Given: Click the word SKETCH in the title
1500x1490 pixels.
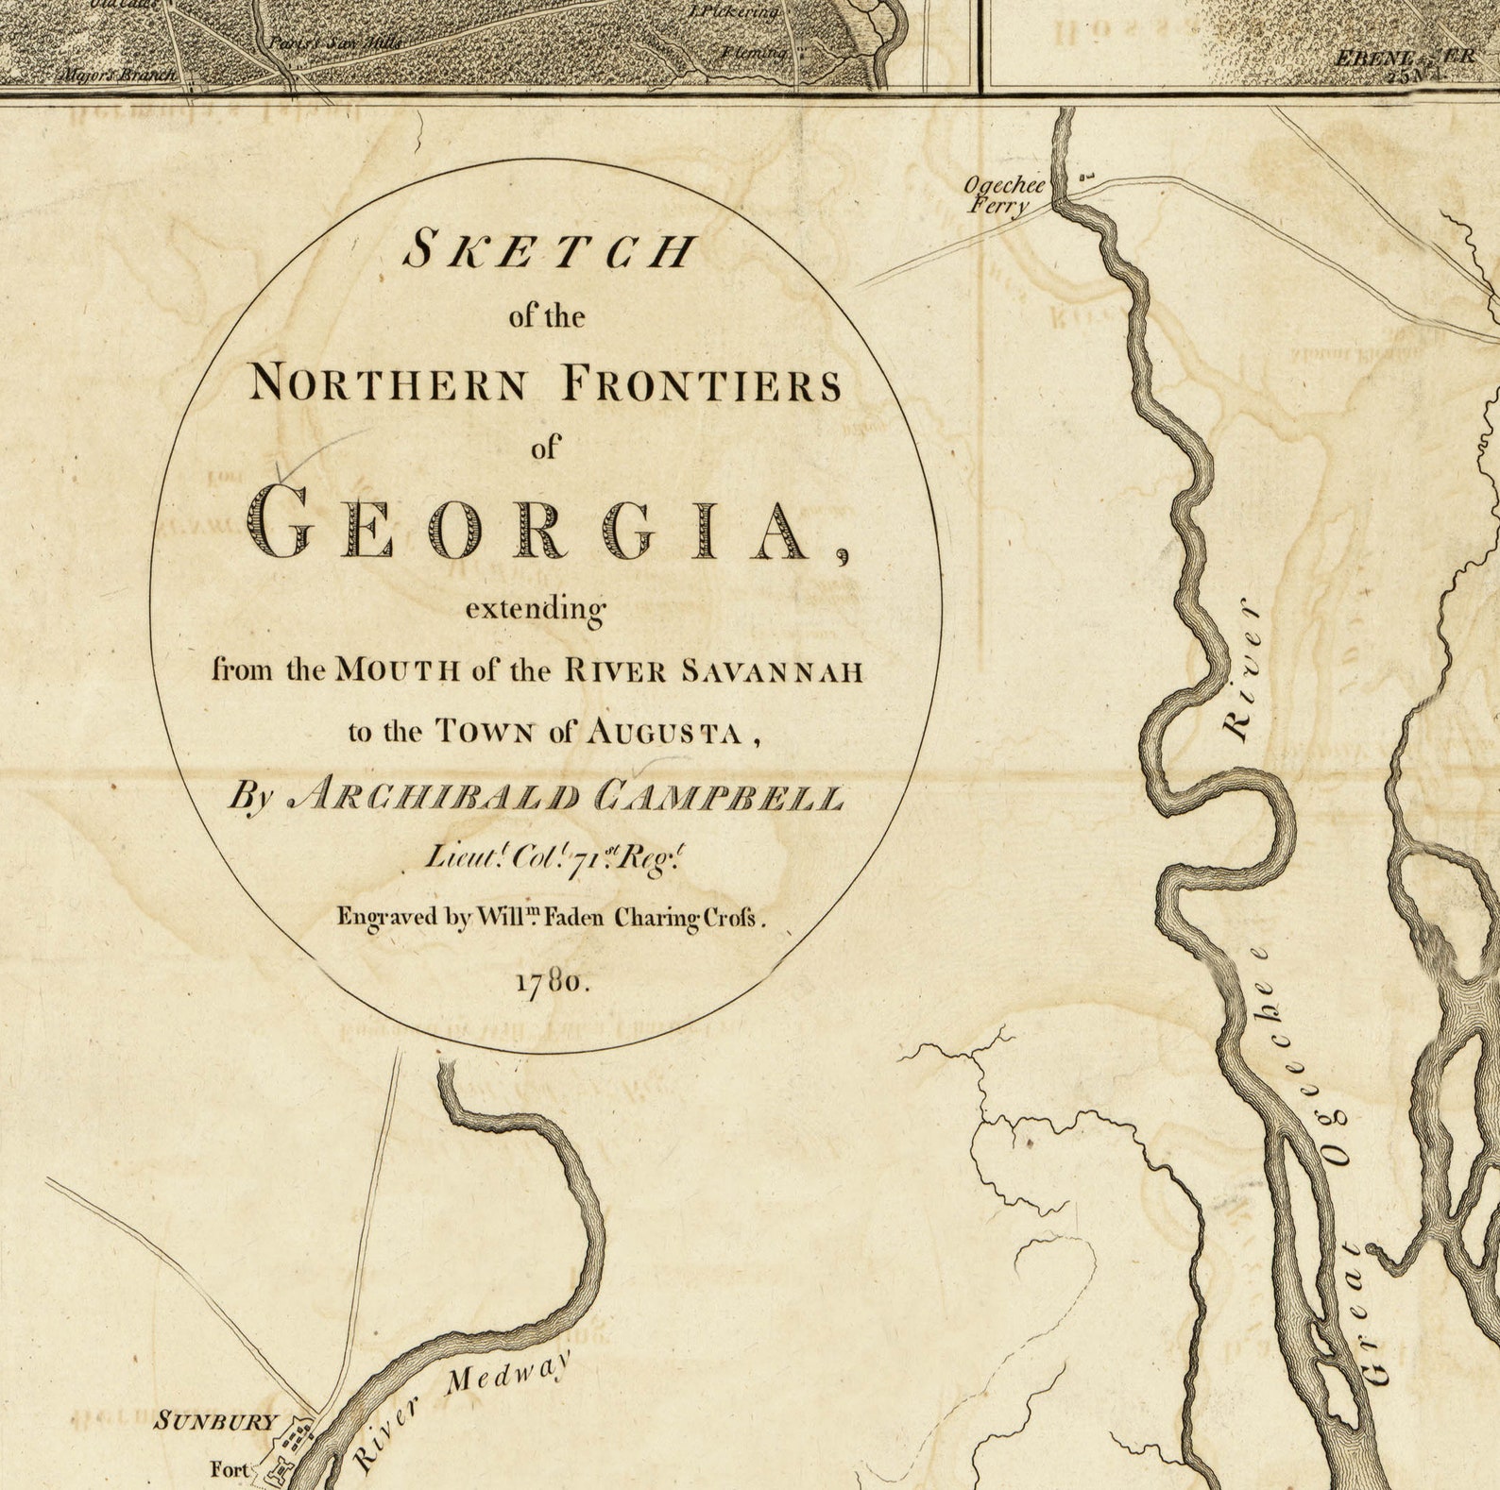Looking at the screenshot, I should (549, 251).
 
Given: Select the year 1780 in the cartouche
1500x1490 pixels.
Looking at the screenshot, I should (553, 982).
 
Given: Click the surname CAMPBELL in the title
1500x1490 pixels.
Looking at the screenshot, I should (718, 799).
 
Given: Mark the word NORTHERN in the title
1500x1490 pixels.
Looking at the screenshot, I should (388, 385).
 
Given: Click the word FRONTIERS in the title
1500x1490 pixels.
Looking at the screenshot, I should (701, 385).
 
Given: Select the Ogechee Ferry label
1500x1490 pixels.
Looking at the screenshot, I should (1003, 194).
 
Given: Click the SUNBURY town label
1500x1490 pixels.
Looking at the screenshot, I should (217, 1421).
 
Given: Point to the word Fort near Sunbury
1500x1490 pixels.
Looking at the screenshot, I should (230, 1469).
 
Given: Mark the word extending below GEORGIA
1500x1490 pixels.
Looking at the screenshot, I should (535, 610).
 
